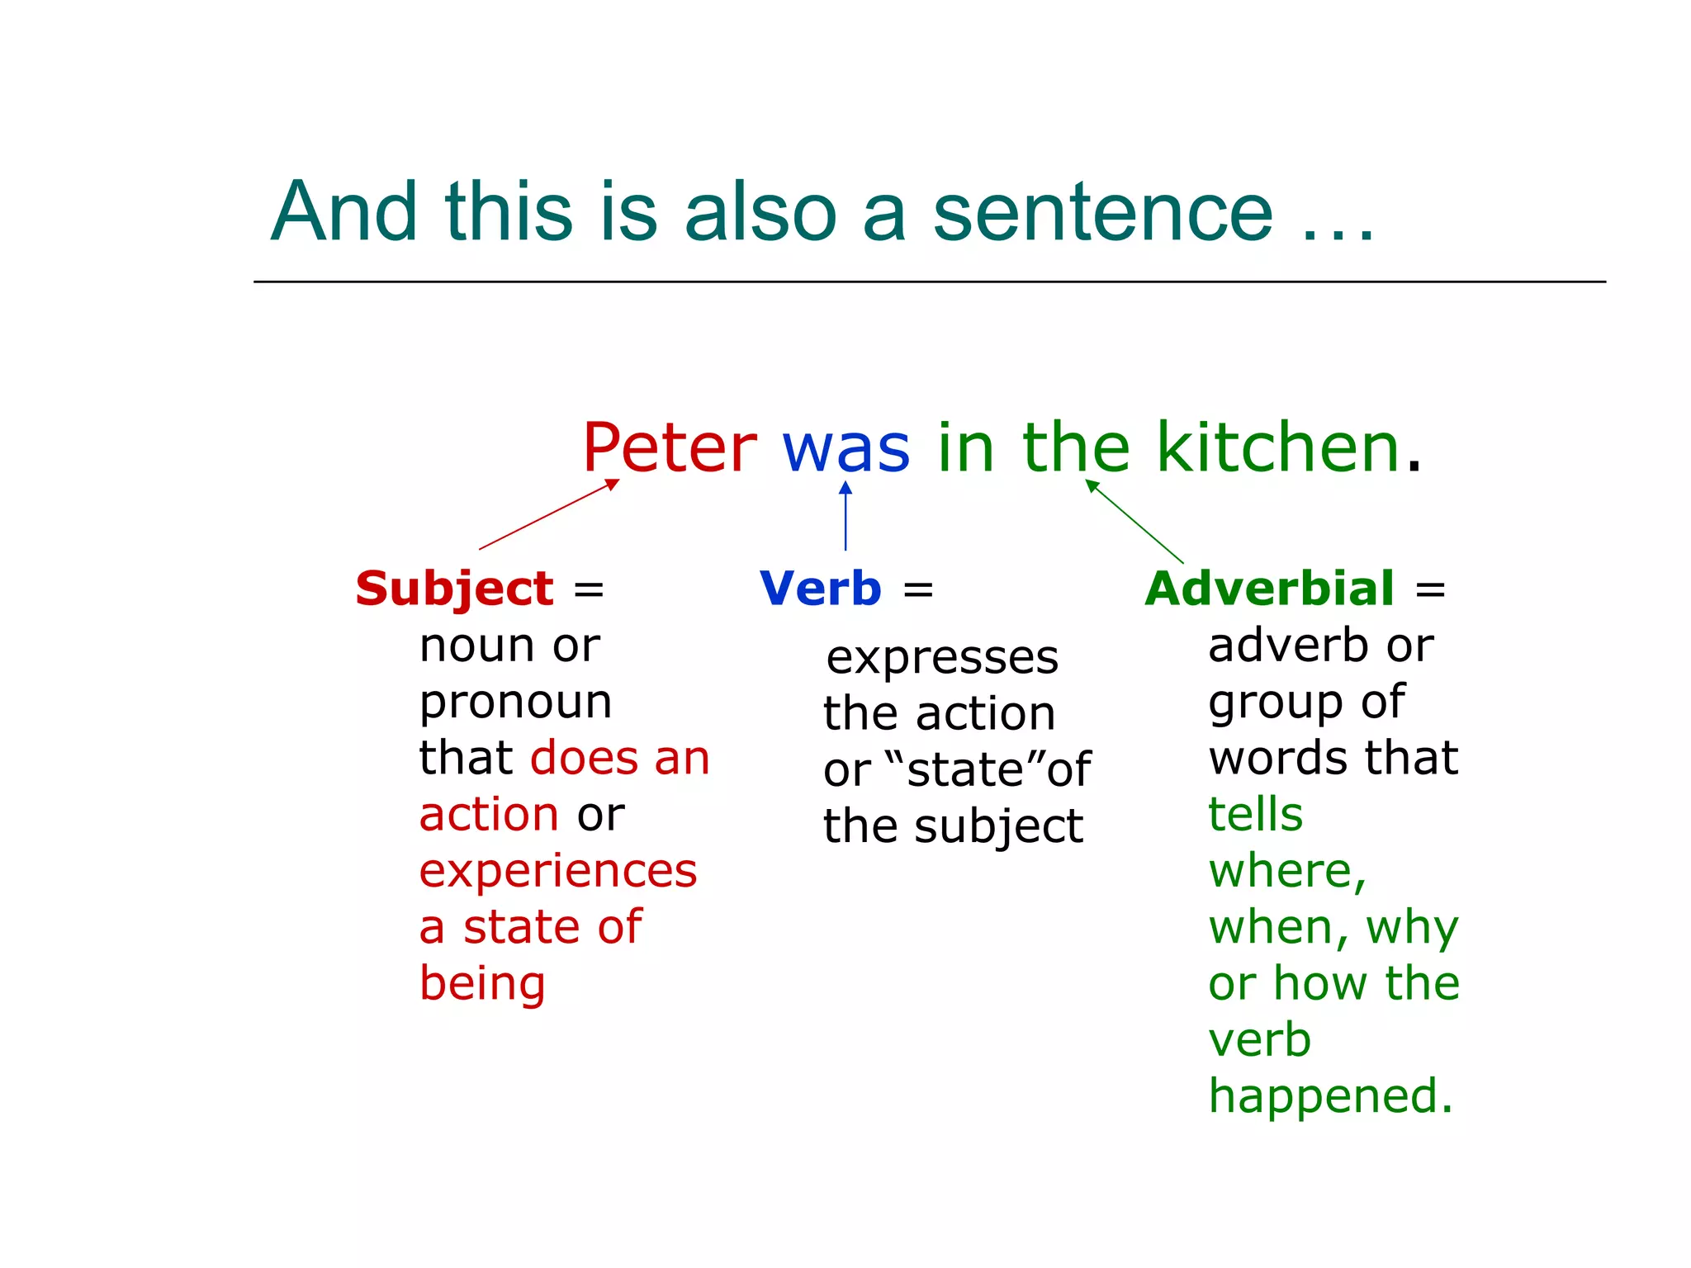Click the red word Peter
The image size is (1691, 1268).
669,447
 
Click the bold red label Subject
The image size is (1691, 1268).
454,589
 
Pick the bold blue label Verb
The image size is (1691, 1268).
821,589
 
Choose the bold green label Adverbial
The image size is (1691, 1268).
1270,589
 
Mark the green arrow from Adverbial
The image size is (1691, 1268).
1134,522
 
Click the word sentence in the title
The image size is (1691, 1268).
1103,212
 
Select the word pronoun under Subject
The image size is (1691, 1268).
515,703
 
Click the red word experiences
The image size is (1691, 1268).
558,871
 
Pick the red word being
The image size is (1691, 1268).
482,984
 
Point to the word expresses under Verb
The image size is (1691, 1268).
942,658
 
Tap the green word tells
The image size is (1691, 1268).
1255,815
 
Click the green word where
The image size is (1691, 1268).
1282,871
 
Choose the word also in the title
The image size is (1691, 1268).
760,212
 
